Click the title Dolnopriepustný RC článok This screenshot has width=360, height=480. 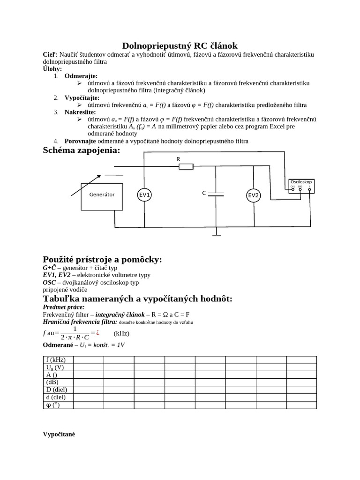(180, 45)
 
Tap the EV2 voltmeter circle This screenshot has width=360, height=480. (254, 195)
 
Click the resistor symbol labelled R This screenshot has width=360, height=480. (186, 166)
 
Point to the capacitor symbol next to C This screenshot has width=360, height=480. (216, 194)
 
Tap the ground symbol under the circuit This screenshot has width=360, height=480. (216, 232)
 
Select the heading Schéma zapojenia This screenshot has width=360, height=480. (82, 150)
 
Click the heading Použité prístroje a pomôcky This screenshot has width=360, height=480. (102, 260)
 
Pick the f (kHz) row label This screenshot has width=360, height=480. (53, 360)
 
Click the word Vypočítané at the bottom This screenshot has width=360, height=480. (59, 434)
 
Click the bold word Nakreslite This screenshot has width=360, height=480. (80, 112)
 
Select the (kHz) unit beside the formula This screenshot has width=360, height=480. (121, 333)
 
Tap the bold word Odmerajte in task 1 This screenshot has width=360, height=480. (81, 75)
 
